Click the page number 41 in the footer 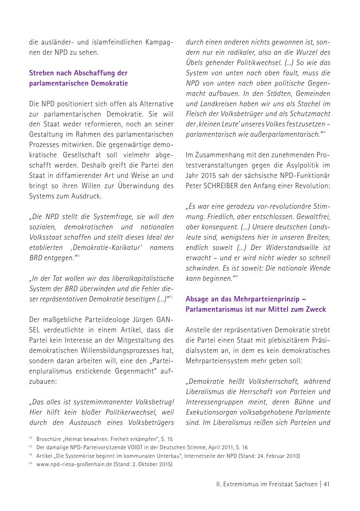(327, 484)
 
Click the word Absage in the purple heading (197, 299)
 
